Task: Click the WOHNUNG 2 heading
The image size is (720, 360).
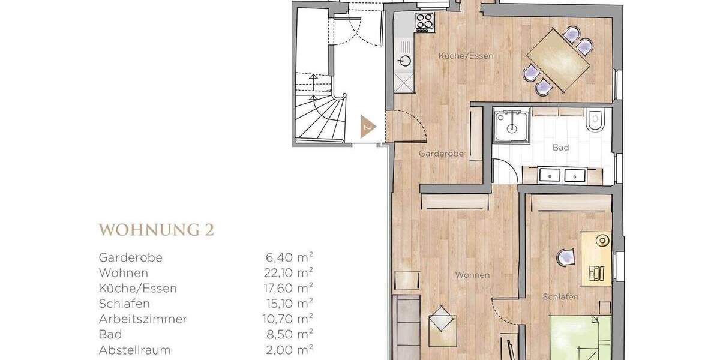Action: (x=157, y=230)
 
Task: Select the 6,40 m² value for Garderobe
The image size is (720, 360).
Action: (x=290, y=257)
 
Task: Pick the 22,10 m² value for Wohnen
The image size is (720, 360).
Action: (x=290, y=273)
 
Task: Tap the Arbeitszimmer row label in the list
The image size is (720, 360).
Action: (x=143, y=319)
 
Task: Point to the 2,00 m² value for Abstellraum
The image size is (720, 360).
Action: (x=290, y=349)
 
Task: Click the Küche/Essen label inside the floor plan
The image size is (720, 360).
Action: (x=466, y=56)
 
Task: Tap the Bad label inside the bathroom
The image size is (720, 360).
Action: (x=560, y=147)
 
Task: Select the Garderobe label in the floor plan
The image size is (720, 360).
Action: (x=441, y=154)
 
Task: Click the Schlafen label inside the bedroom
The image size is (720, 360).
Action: (x=560, y=297)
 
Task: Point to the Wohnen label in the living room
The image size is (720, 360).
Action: (x=472, y=275)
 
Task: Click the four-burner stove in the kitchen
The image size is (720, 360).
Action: (x=425, y=22)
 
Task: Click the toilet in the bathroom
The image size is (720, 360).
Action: (x=595, y=122)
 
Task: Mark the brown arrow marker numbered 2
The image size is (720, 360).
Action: (x=368, y=127)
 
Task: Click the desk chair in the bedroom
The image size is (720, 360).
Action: (x=566, y=257)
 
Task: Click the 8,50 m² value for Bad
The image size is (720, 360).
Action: (x=290, y=334)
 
